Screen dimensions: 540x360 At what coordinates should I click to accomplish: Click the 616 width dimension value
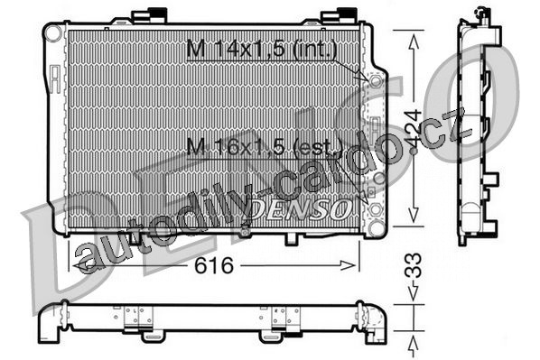pos(214,265)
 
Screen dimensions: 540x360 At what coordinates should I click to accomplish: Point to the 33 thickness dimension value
pos(413,265)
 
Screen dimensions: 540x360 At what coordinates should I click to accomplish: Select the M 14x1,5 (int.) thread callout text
pos(262,49)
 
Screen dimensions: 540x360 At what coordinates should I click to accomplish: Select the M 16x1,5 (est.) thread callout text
pos(265,147)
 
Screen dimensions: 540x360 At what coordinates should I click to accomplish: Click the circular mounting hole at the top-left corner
pos(53,33)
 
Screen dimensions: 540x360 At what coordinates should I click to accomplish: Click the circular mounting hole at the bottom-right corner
pos(376,228)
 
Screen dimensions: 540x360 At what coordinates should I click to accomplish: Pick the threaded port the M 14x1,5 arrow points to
pos(376,81)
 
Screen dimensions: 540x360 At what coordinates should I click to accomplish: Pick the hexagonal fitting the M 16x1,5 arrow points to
pos(376,209)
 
